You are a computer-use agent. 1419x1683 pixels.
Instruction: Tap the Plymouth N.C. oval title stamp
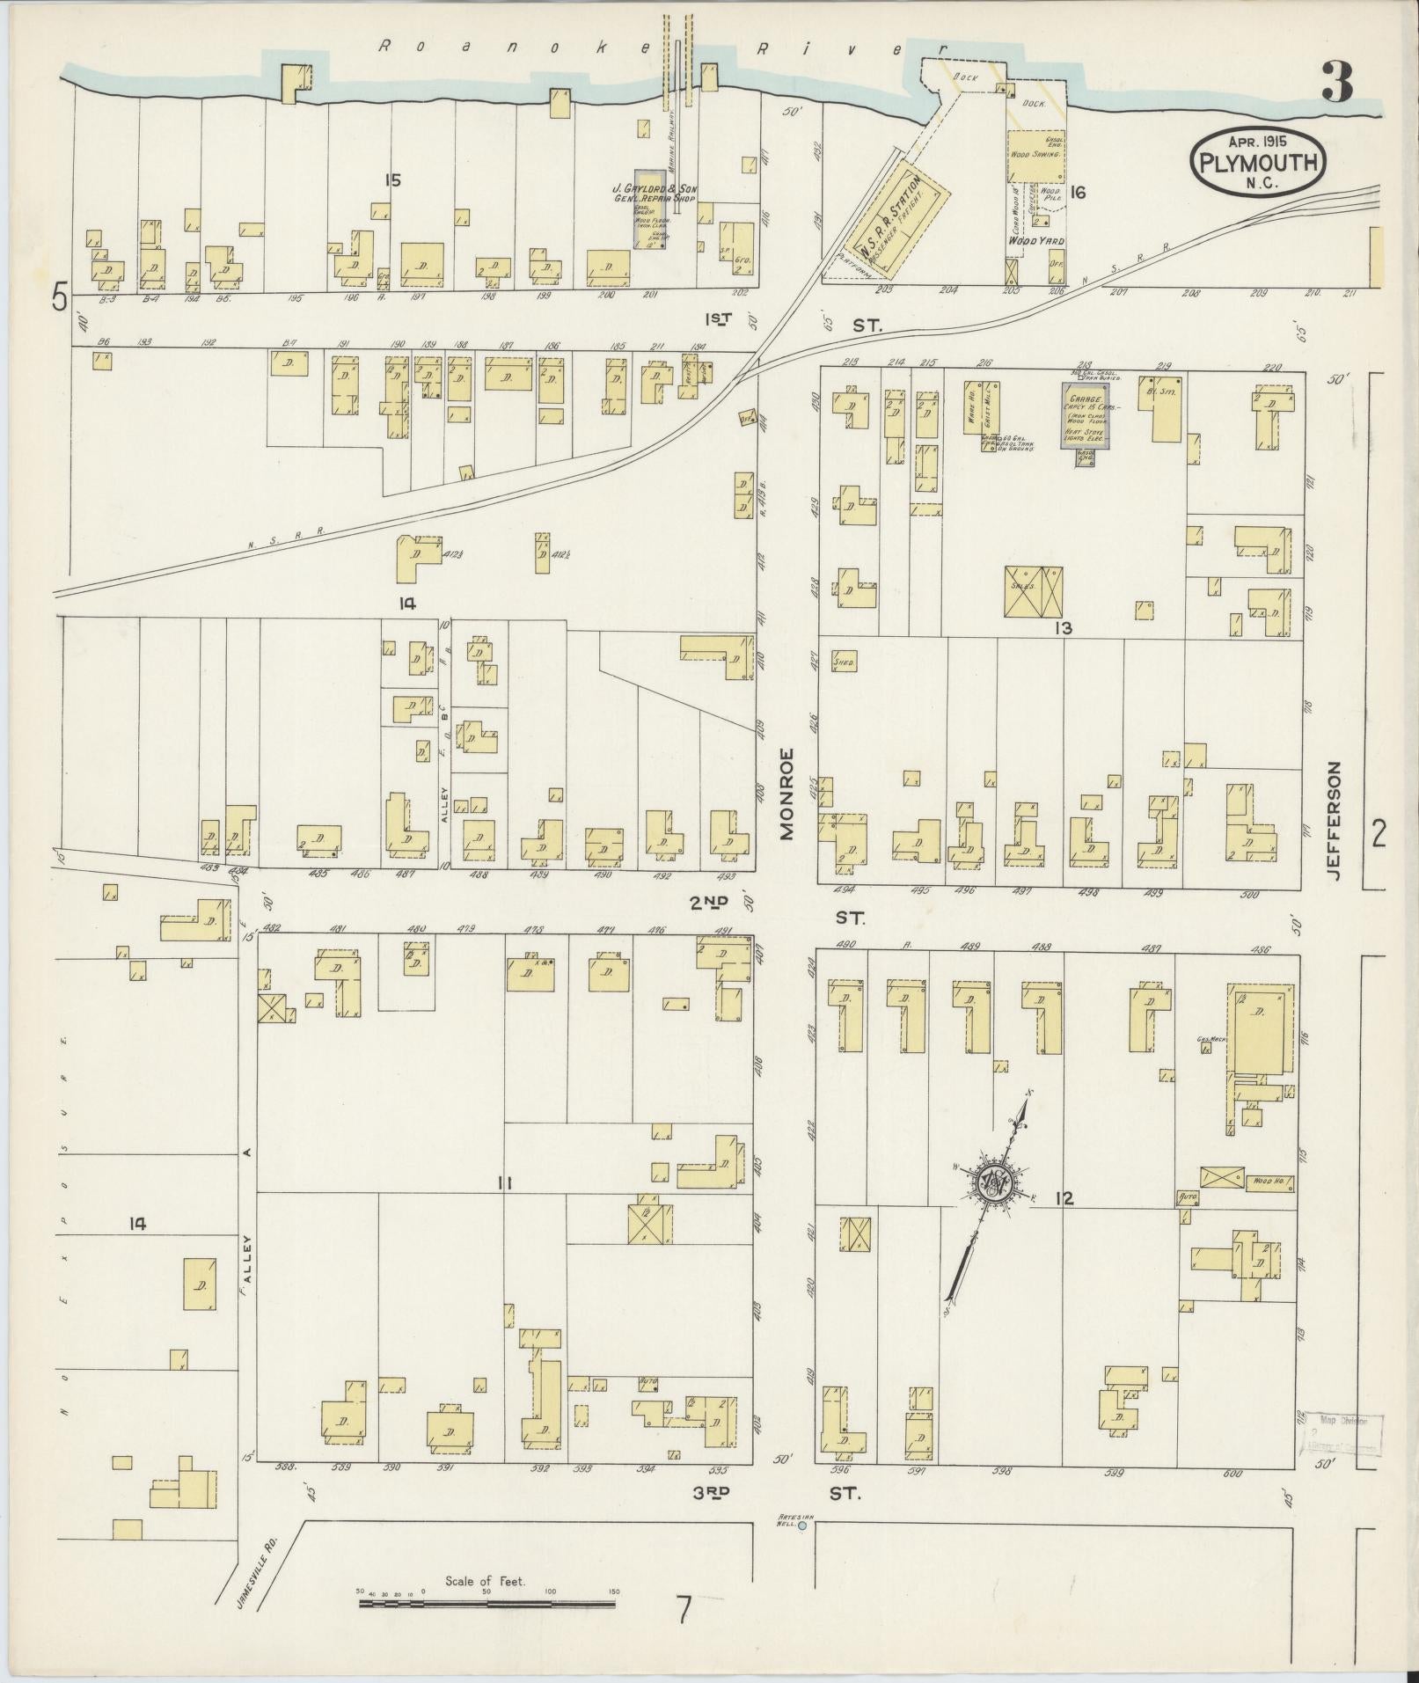click(x=1257, y=161)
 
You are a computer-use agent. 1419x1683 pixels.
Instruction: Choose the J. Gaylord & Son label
click(x=655, y=194)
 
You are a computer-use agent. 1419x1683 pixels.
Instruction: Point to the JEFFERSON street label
click(x=1335, y=820)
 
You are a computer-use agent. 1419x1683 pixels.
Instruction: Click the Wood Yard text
click(x=1035, y=240)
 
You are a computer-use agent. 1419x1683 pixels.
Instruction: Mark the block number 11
click(x=503, y=1183)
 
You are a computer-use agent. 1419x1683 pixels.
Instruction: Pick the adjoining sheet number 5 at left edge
click(x=60, y=297)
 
